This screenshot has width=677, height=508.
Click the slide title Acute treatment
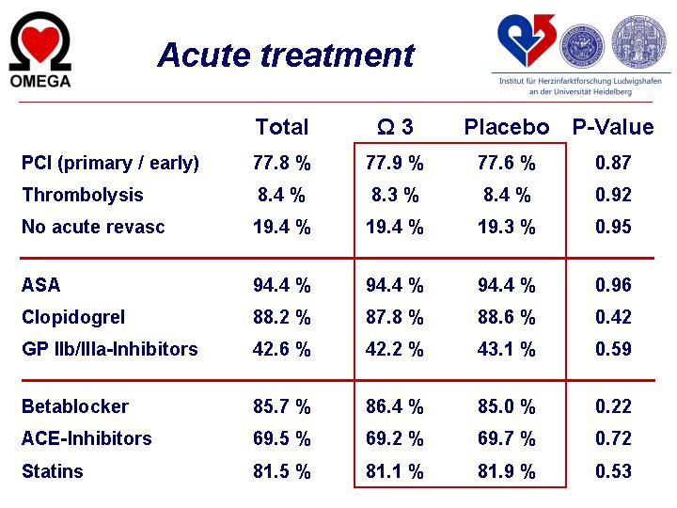[286, 56]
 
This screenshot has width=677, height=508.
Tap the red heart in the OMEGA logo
[40, 43]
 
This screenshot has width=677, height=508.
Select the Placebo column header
[507, 127]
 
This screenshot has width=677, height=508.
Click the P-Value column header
[613, 127]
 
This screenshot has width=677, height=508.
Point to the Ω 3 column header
[395, 127]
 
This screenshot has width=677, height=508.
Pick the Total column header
[282, 127]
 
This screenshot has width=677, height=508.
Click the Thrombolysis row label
[83, 195]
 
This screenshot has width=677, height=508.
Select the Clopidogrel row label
[73, 318]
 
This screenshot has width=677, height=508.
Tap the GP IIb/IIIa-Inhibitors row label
[110, 349]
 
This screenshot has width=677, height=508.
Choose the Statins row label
[53, 471]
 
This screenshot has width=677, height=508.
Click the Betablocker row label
[75, 406]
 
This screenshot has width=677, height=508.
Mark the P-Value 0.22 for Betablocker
[613, 406]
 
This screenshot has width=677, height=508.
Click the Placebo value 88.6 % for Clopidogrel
[507, 317]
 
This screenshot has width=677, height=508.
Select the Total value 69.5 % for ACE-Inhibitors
[281, 438]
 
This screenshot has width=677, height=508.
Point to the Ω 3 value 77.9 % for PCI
[395, 163]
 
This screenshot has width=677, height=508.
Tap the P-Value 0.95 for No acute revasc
[613, 227]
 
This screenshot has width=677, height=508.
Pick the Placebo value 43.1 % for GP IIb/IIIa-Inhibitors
[507, 349]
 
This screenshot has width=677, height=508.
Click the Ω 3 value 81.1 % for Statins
[395, 471]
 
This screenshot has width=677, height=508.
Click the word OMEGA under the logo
[40, 81]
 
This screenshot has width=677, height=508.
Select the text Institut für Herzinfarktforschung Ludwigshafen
[580, 81]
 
